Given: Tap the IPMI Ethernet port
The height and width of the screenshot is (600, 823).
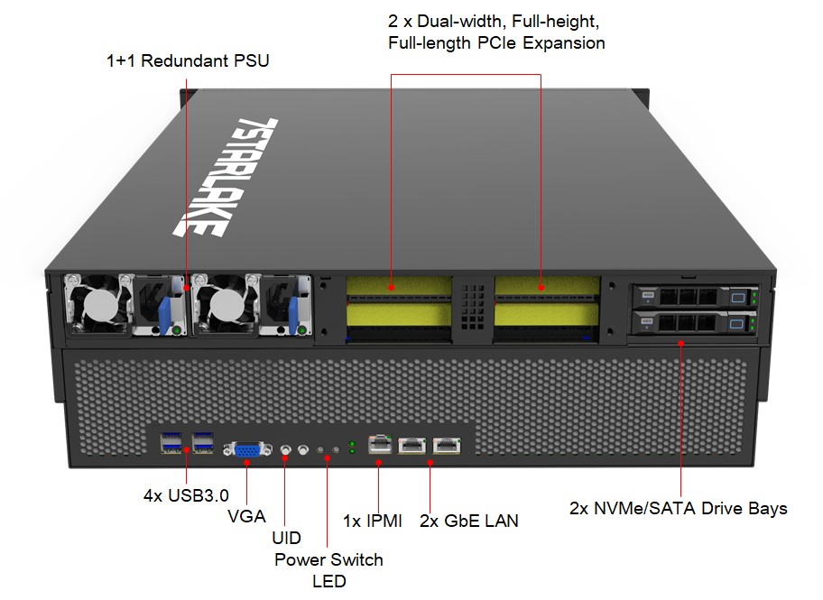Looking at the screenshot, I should [x=380, y=444].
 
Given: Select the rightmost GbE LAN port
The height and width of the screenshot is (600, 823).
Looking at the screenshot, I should [x=445, y=444].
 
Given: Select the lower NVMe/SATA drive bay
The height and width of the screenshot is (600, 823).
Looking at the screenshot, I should [x=693, y=321].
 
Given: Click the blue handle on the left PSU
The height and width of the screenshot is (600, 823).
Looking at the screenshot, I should [x=164, y=309].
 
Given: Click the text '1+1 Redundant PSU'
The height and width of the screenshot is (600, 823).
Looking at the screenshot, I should [x=187, y=61].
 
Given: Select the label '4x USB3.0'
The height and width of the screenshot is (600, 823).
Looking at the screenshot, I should [x=186, y=495].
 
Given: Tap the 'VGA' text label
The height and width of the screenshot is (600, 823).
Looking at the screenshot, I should [x=246, y=516].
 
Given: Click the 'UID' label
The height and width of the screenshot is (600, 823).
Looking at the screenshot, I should [x=286, y=538].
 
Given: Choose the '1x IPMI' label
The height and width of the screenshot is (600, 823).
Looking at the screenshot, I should [x=372, y=521].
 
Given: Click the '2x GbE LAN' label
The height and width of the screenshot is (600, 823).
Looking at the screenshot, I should [x=468, y=521].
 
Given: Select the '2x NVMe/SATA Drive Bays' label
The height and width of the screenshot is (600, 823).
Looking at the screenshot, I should [x=678, y=508].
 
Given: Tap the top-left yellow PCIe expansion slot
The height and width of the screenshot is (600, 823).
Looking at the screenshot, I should [x=398, y=288].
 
